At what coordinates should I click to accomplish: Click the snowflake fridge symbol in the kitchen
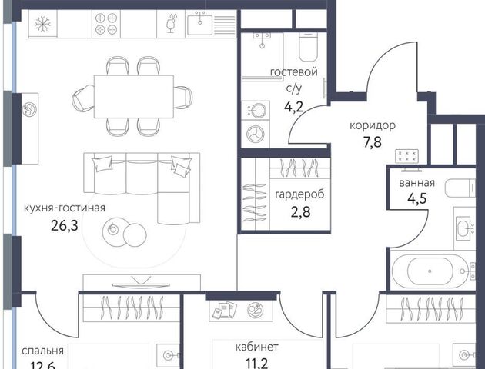(x=42, y=24)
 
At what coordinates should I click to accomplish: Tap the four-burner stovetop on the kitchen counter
(x=106, y=24)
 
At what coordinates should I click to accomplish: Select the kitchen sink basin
(x=200, y=24)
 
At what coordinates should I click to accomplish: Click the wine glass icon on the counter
(x=171, y=23)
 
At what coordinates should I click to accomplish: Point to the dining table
(x=134, y=96)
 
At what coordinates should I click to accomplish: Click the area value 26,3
(x=65, y=226)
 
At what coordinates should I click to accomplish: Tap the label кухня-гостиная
(x=65, y=208)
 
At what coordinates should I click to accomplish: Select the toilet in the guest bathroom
(x=308, y=46)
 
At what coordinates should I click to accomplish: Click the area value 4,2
(x=294, y=107)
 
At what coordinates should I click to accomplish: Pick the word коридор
(x=373, y=125)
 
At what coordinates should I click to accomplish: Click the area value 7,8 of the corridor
(x=373, y=142)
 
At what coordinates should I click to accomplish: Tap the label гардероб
(x=299, y=194)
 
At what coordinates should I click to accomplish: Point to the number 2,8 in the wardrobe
(x=301, y=212)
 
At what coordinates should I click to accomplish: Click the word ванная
(x=417, y=183)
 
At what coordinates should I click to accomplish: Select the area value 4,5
(x=417, y=198)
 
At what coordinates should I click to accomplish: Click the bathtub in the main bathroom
(x=430, y=271)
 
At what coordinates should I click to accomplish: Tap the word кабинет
(x=257, y=347)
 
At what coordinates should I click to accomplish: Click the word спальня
(x=42, y=351)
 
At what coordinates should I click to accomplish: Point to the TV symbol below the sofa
(x=142, y=283)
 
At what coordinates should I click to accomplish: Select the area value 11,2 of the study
(x=257, y=363)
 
